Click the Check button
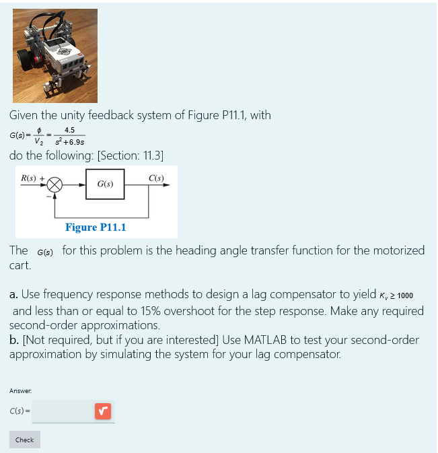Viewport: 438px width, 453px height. [24, 440]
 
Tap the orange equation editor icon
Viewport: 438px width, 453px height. [102, 410]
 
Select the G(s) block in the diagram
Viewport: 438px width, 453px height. [105, 184]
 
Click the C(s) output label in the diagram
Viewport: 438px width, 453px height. [156, 178]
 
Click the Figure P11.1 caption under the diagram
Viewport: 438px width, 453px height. [95, 227]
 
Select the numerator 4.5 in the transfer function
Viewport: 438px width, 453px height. [69, 131]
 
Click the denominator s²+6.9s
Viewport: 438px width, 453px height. [70, 142]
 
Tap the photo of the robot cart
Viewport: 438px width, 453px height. [54, 55]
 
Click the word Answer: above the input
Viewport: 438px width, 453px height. [20, 390]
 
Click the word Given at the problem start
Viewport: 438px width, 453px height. [24, 115]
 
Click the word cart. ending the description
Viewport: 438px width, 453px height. [20, 265]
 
